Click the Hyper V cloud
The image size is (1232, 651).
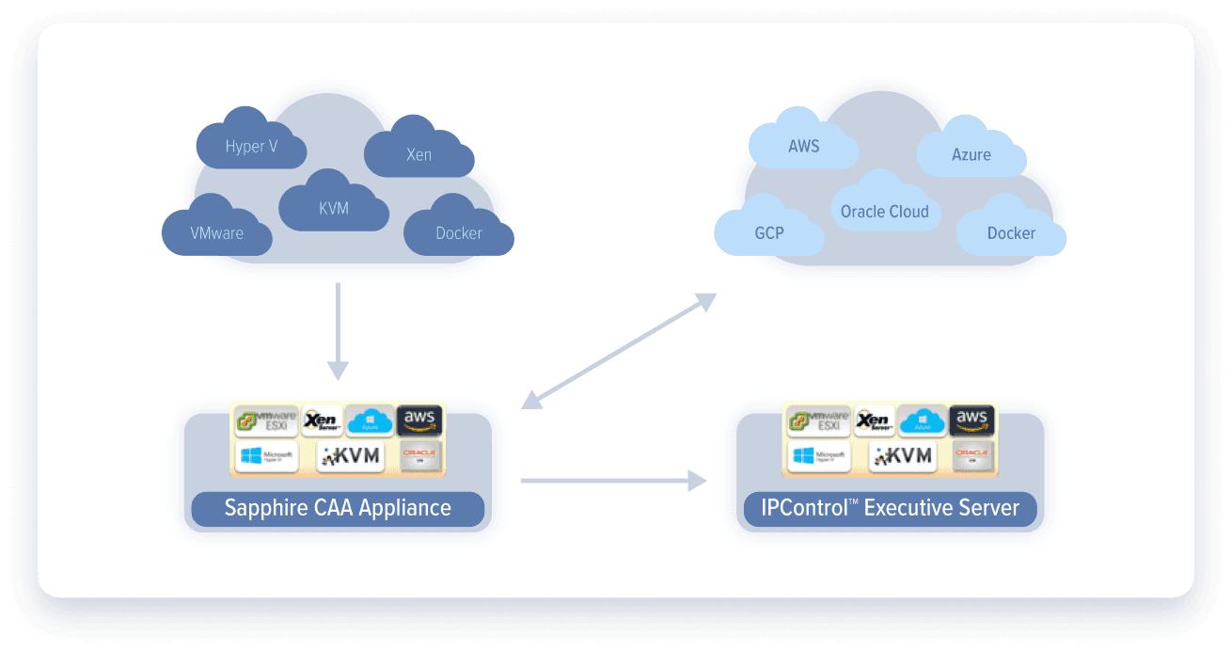pyautogui.click(x=251, y=146)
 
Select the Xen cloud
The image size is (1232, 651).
pyautogui.click(x=419, y=154)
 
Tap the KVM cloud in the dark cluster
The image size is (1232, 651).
pyautogui.click(x=334, y=208)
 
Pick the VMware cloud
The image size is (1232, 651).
pyautogui.click(x=217, y=232)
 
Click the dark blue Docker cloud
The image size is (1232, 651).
pyautogui.click(x=459, y=232)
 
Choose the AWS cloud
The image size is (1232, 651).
pyautogui.click(x=803, y=146)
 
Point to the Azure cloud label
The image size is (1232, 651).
pyautogui.click(x=971, y=154)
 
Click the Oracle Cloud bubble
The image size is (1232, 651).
pyautogui.click(x=884, y=212)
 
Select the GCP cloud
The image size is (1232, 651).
pyautogui.click(x=769, y=232)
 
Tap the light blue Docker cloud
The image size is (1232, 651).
pyautogui.click(x=1011, y=232)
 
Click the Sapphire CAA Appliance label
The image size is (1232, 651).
pyautogui.click(x=338, y=509)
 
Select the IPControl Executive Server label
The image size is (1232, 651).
pyautogui.click(x=890, y=509)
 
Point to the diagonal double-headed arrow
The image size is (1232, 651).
pyautogui.click(x=619, y=351)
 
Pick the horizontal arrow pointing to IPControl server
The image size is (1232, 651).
pyautogui.click(x=613, y=481)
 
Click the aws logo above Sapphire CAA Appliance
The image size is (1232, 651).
pyautogui.click(x=419, y=421)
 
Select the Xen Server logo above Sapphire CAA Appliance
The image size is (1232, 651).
pyautogui.click(x=322, y=421)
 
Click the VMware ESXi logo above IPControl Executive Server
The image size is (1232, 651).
pyautogui.click(x=817, y=421)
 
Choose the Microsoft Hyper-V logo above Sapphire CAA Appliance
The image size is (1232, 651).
pyautogui.click(x=266, y=457)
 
